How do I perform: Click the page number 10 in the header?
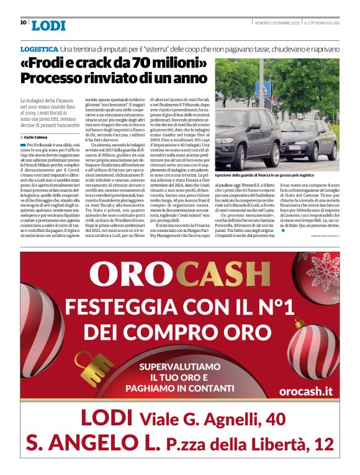(23, 22)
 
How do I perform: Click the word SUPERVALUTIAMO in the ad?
(180, 366)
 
